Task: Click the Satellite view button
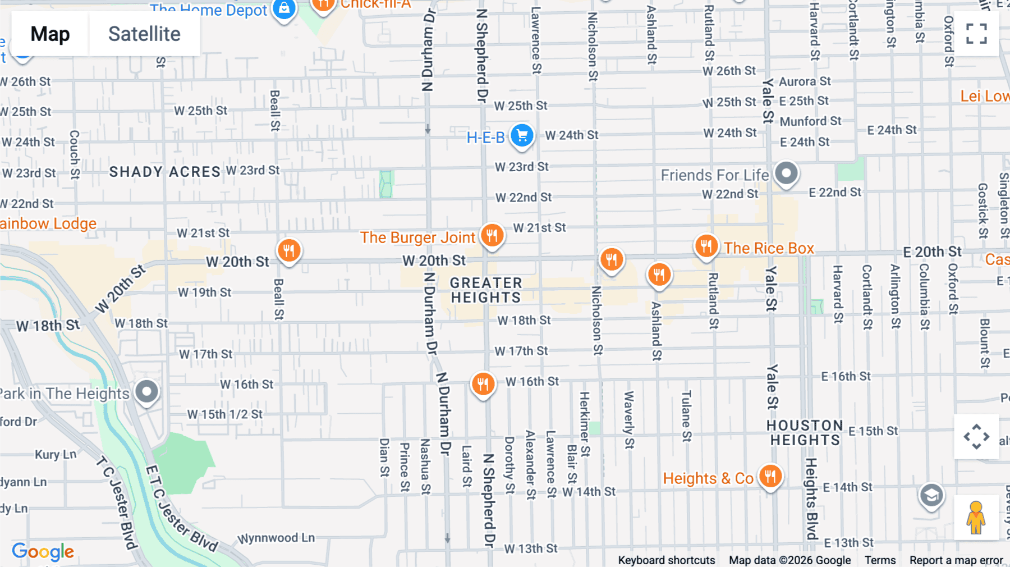(144, 34)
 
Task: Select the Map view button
(50, 34)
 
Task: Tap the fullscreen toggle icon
(976, 34)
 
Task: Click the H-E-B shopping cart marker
(522, 136)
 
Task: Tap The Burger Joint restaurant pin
(492, 235)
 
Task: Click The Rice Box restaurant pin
(706, 246)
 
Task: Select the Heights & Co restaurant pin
(770, 477)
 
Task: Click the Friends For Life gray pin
(786, 173)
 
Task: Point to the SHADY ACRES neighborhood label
(164, 172)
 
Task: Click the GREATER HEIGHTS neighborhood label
(486, 290)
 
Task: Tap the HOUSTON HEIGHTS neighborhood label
(805, 433)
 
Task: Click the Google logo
(43, 552)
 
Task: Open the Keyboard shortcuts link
(666, 560)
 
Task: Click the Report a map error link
(956, 560)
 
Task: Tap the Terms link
(880, 560)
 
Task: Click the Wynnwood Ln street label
(276, 538)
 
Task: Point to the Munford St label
(810, 121)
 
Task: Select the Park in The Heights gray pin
(147, 391)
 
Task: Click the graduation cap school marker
(931, 496)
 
